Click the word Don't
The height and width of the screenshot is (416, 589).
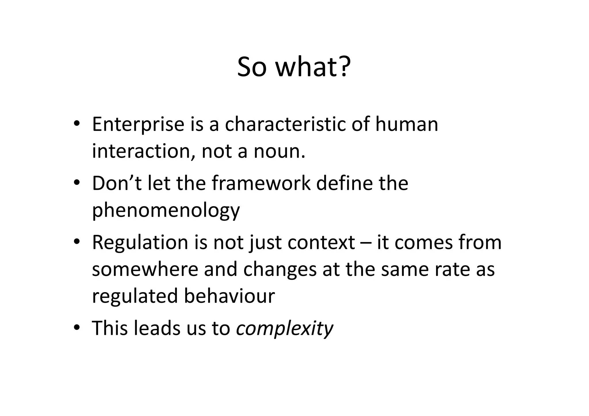(x=117, y=183)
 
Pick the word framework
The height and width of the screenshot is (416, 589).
(x=261, y=183)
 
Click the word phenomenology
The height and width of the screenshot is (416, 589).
(x=166, y=210)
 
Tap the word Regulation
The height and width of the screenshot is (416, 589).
(x=140, y=242)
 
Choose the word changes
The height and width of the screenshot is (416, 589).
(x=280, y=269)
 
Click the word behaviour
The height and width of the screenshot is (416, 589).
(x=229, y=296)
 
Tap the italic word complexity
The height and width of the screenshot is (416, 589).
(x=284, y=328)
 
